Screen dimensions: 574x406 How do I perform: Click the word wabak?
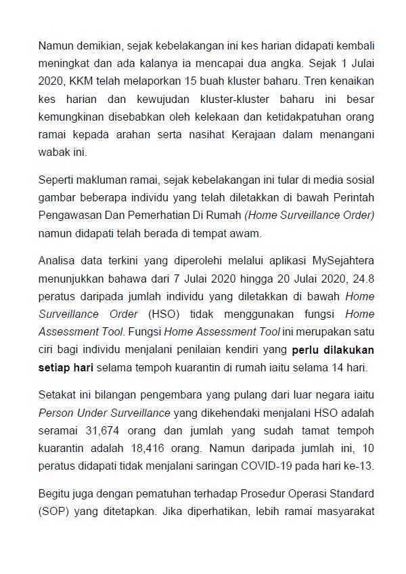point(52,154)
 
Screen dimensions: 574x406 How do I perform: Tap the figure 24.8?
point(362,278)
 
